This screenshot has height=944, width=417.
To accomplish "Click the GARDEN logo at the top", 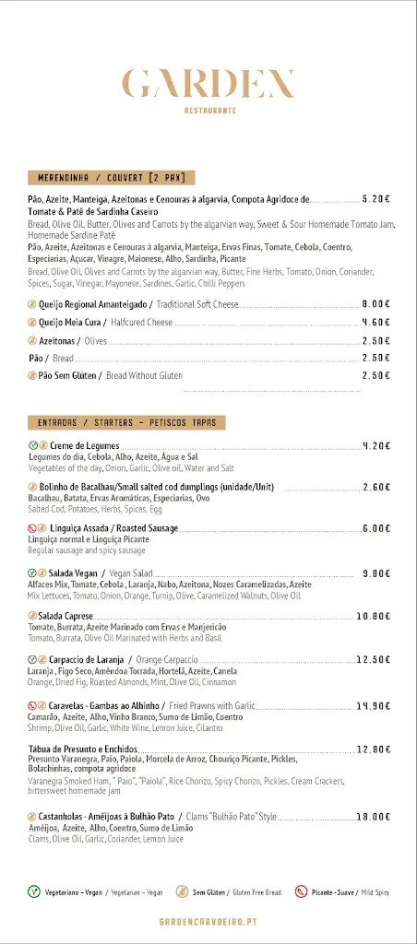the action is coord(208,84).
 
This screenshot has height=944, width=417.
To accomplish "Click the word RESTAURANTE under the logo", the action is coord(208,110).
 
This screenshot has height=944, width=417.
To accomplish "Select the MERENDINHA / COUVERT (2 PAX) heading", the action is coord(111,177).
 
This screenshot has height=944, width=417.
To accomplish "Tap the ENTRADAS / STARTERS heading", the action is coord(127,422).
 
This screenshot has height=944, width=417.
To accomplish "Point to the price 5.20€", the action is coord(376,198).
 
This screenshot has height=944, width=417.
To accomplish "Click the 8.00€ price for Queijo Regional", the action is coord(376,304).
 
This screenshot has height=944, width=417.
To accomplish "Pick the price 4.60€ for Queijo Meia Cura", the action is coord(376,323).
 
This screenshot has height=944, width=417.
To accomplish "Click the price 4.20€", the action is coord(376,446).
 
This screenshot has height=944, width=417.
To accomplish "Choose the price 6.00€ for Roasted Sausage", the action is coord(376,528).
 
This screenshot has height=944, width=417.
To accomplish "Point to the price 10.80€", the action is coord(375,616).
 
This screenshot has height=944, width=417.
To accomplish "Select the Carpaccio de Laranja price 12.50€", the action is coord(375,659).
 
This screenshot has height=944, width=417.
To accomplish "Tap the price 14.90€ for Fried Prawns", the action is coord(375,706).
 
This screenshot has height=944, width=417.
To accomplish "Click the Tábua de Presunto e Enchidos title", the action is coord(83,749).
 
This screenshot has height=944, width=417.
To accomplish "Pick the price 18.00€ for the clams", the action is coord(375,816).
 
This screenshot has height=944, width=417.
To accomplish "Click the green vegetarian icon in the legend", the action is coord(33,891).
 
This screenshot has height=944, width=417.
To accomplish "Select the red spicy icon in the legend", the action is coord(301,891).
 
